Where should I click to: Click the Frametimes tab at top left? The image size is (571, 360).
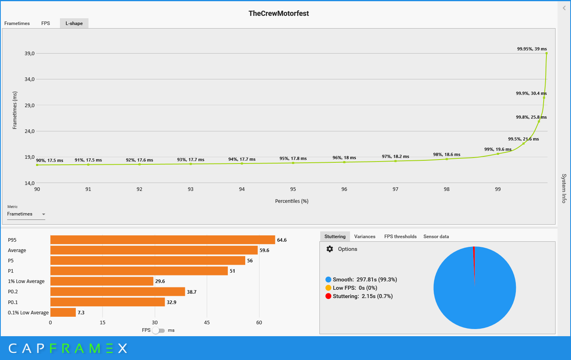tap(17, 23)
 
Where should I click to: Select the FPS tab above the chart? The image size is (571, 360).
tap(46, 23)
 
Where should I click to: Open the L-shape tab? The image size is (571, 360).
tap(74, 23)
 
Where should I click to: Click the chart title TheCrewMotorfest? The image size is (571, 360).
tap(279, 13)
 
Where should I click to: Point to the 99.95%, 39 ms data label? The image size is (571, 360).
tap(532, 49)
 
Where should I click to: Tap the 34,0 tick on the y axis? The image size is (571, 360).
tap(30, 79)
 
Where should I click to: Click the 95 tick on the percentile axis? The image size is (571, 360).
tap(293, 189)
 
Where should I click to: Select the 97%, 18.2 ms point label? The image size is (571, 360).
tap(395, 156)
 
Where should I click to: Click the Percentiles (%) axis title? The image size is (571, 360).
tap(292, 201)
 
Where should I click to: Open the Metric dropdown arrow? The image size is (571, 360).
tap(44, 214)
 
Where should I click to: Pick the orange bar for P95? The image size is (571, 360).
tap(163, 240)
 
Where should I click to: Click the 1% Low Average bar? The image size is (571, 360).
tap(102, 281)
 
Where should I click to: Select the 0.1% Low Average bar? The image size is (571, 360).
tap(63, 312)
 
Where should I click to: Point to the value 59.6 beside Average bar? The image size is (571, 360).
tap(264, 250)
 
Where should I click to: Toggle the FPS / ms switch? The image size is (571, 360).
tap(158, 331)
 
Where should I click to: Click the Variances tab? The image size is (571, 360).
tap(365, 237)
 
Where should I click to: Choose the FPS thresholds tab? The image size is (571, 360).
tap(400, 237)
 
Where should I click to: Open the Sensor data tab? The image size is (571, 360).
tap(436, 237)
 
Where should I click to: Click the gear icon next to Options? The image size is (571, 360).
tap(330, 249)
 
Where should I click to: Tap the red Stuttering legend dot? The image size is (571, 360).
tap(328, 296)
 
